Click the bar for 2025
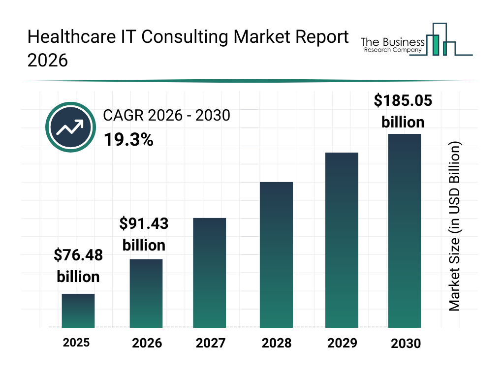pos(78,311)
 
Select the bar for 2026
pos(146,293)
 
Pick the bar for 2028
pos(276,254)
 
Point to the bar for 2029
pos(342,240)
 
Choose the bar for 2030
pos(405,230)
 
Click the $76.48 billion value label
pos(78,266)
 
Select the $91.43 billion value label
pos(144,234)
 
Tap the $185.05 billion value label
pos(403,111)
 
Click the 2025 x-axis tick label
pos(76,343)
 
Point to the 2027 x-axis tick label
pos(211,343)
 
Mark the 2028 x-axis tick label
pos(276,343)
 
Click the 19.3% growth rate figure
pos(128,140)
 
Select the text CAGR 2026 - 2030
pos(166,116)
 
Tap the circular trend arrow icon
pos(70,127)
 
